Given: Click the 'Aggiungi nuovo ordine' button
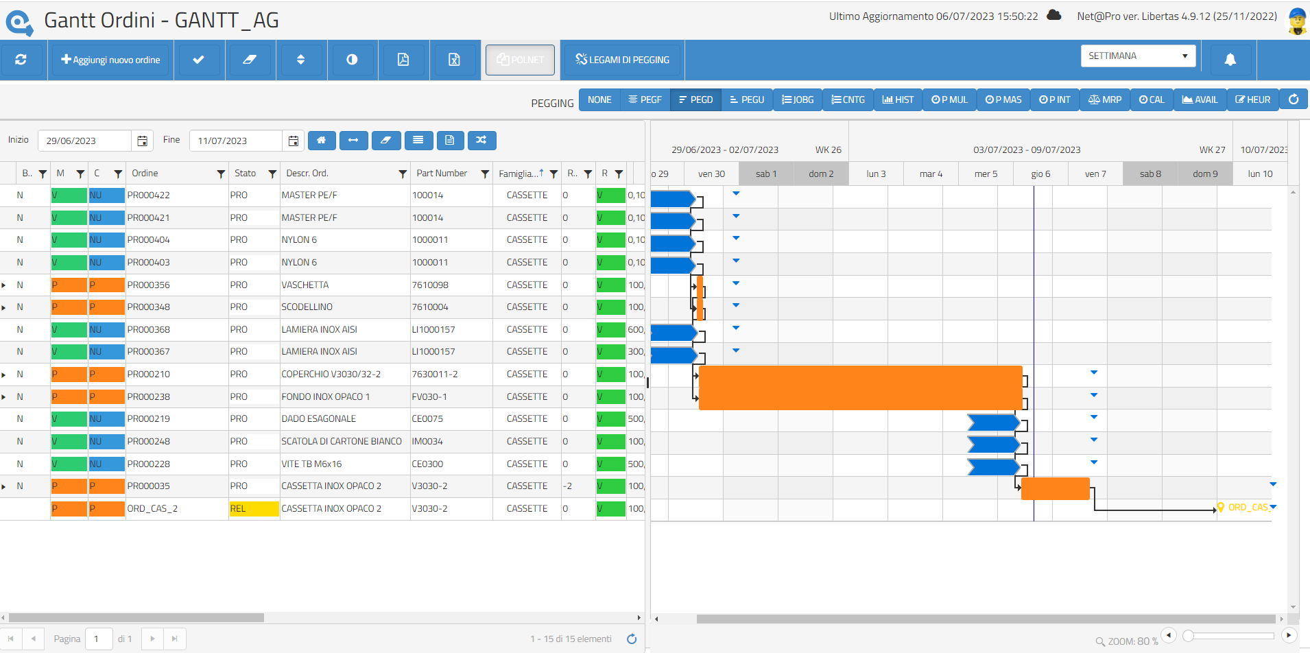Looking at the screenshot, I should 110,60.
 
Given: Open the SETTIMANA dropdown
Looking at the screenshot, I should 1137,56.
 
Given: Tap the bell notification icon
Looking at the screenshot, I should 1230,60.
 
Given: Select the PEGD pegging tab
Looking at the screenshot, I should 695,100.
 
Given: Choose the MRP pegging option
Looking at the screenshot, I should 1104,100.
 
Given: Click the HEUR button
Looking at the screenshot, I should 1252,100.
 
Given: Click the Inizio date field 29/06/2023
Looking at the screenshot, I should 84,141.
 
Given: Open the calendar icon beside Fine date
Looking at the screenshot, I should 293,141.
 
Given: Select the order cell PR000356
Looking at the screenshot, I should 149,285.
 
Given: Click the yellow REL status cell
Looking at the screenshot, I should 254,509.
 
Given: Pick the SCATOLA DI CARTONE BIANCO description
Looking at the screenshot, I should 342,442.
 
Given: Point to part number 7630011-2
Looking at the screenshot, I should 435,375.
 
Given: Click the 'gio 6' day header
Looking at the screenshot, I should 1040,174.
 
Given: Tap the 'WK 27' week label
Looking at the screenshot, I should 1212,150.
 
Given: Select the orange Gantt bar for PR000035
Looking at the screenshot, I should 1055,489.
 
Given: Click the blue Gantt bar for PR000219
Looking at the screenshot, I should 993,423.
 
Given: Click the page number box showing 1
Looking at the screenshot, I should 97,639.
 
